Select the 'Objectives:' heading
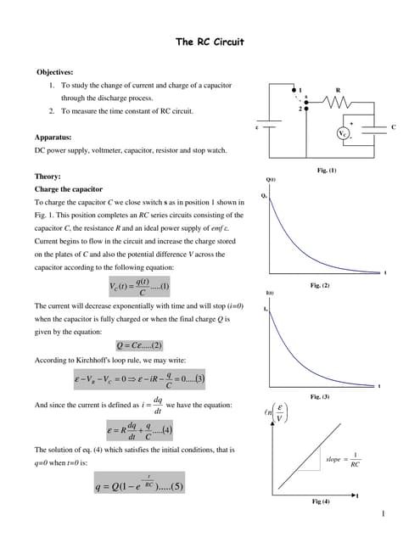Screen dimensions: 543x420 click(x=55, y=72)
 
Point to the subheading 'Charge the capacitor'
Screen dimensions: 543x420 click(x=68, y=189)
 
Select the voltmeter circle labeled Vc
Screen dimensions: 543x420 click(x=343, y=134)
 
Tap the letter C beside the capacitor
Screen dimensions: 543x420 click(x=394, y=126)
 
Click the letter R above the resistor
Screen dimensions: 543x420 click(x=339, y=89)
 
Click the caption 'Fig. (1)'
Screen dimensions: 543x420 click(x=327, y=171)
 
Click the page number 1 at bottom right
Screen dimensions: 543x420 click(x=384, y=513)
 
